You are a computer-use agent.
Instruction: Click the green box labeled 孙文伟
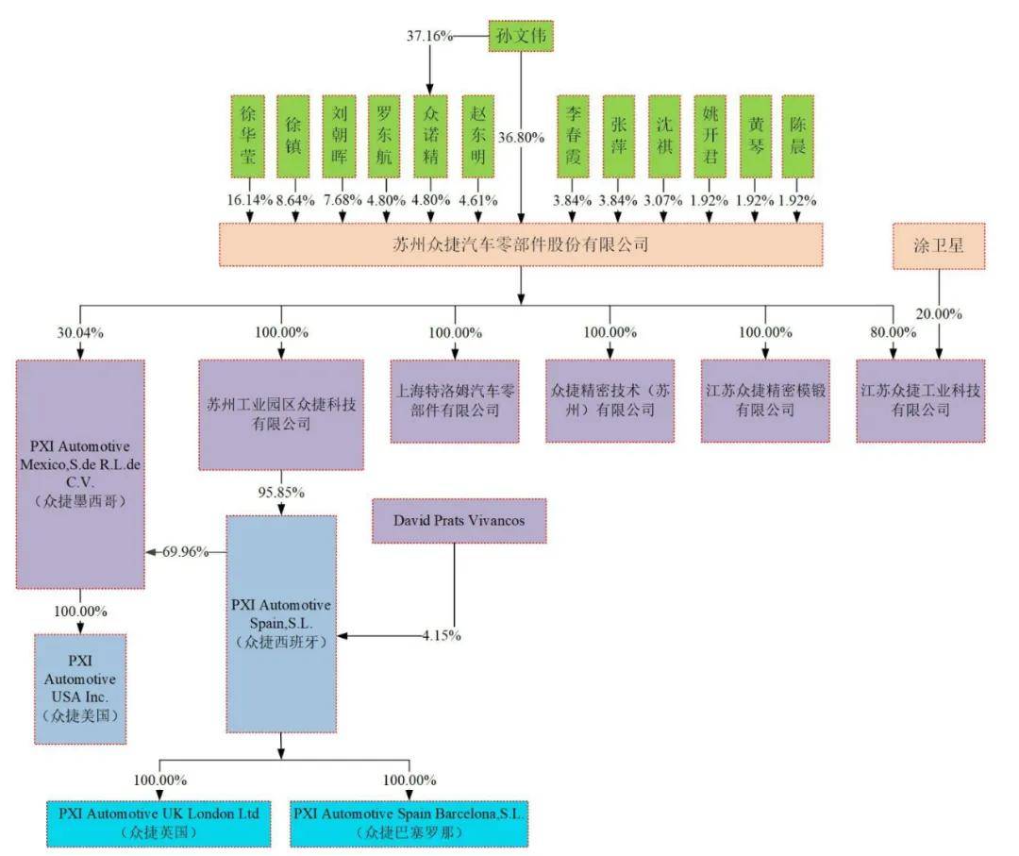521,36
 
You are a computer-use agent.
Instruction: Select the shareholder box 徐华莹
247,136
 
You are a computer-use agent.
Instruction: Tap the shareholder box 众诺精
430,136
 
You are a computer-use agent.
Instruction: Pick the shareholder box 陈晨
797,136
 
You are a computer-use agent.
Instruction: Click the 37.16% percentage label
429,36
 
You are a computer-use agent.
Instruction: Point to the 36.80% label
521,138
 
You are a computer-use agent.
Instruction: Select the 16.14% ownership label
249,200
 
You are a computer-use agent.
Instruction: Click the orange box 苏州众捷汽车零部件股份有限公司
521,244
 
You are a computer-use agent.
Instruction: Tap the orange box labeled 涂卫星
939,245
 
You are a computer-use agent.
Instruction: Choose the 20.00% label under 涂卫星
939,314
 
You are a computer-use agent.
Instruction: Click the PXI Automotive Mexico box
80,474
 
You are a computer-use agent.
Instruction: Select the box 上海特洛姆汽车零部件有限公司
455,401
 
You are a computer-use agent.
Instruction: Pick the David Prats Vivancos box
459,521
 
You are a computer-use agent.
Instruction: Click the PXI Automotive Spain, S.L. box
281,624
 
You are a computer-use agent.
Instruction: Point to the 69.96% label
185,552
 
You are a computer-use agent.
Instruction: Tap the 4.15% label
442,636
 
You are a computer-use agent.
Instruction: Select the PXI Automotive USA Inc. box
80,689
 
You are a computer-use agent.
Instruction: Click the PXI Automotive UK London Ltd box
159,824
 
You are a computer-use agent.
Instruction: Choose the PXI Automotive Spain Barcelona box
409,824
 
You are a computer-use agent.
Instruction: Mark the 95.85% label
281,492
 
